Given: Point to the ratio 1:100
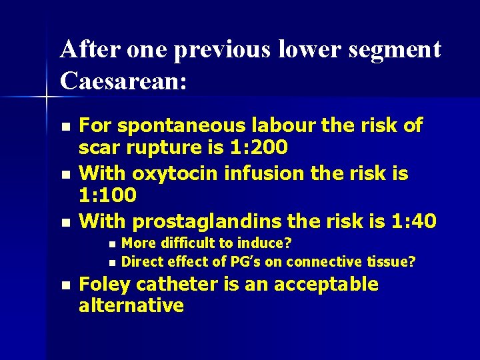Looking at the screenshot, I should (x=107, y=195).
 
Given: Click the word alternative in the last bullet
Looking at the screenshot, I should (x=131, y=306).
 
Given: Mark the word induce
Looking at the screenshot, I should (x=264, y=243).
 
